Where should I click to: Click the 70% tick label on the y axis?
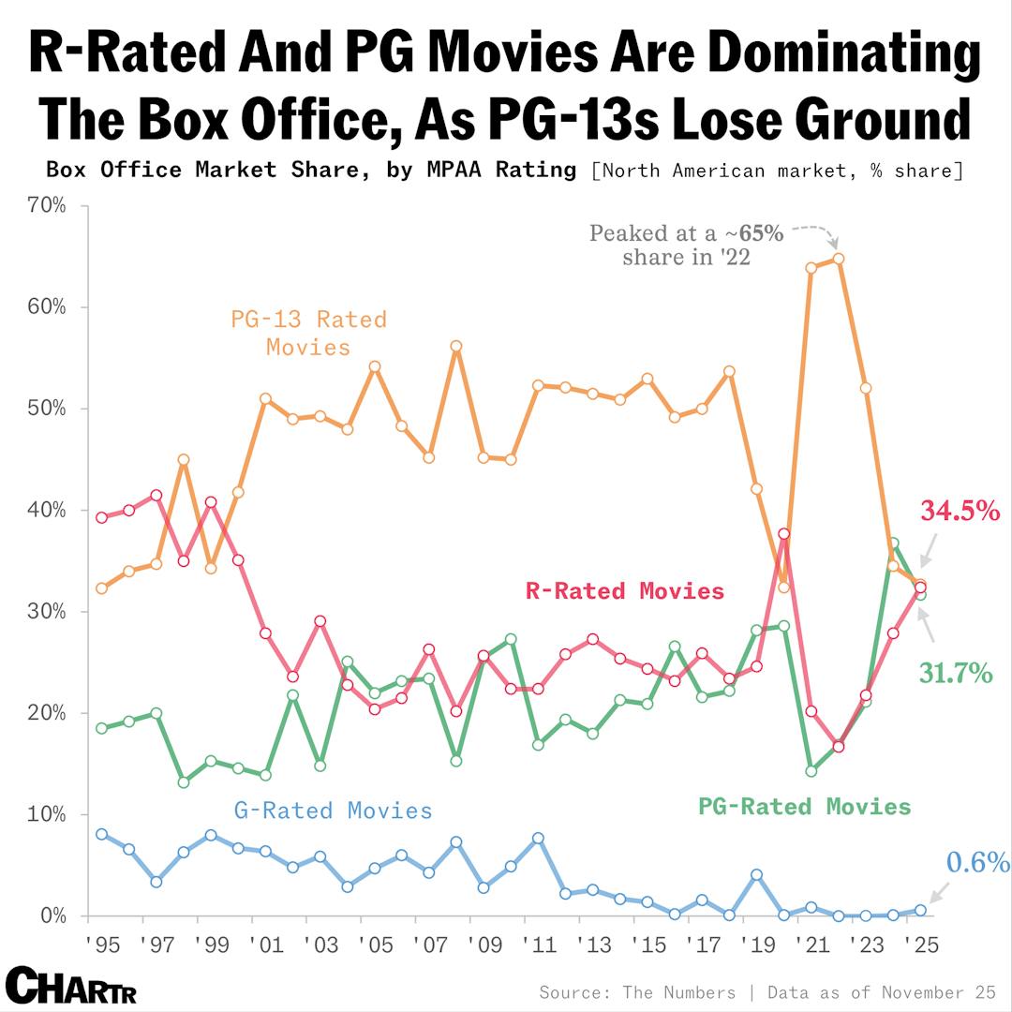tap(46, 205)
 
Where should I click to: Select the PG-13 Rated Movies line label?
tap(308, 333)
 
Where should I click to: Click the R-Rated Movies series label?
tap(624, 590)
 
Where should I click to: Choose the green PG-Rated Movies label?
tap(804, 806)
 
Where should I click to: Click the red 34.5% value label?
tap(960, 512)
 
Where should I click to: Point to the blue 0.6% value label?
tap(976, 862)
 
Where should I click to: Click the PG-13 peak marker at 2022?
tap(839, 259)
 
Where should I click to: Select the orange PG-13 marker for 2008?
tap(456, 346)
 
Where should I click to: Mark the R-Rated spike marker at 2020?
tap(784, 534)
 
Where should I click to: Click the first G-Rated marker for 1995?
tap(101, 834)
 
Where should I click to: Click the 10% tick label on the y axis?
tap(46, 814)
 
